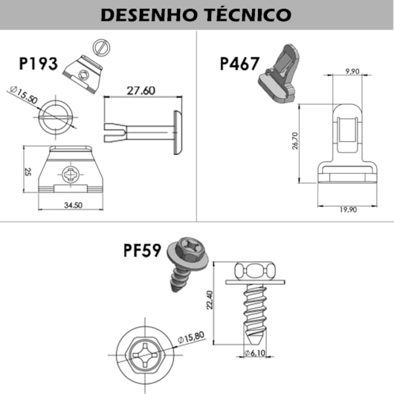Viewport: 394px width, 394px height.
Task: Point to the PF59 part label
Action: point(143,251)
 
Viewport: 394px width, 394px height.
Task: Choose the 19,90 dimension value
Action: point(346,210)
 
